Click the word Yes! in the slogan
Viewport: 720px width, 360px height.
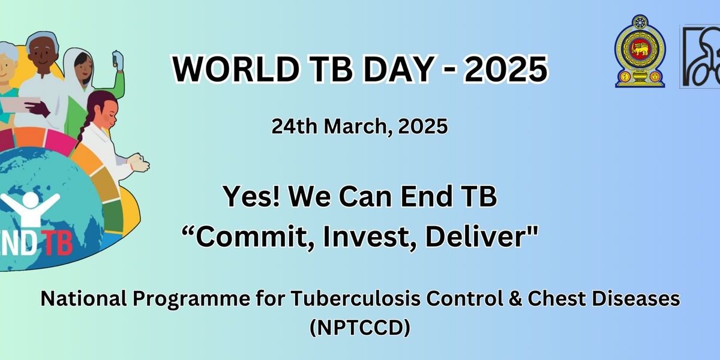[x=251, y=196]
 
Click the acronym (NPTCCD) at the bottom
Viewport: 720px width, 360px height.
[x=360, y=328]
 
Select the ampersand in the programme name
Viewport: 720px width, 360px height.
[x=515, y=299]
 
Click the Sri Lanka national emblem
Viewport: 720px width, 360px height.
[x=640, y=52]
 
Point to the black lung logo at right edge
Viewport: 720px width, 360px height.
[x=700, y=56]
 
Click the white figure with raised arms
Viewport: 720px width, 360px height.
[x=29, y=208]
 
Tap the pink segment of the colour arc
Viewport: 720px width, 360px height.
[x=60, y=142]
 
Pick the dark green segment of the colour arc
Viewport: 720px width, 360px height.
[x=113, y=217]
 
